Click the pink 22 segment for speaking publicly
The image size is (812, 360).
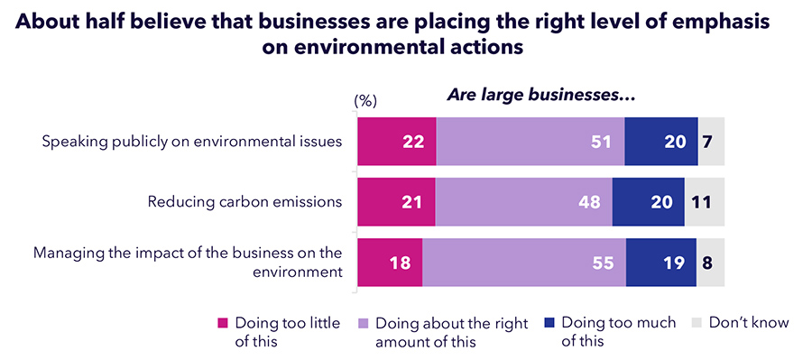click(x=396, y=141)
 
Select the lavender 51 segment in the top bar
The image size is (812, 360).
click(x=530, y=141)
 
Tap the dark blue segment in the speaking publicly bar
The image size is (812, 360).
click(x=660, y=141)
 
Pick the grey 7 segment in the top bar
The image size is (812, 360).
click(x=711, y=141)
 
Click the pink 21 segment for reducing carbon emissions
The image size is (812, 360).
click(x=395, y=201)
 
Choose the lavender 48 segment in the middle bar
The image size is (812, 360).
click(x=523, y=201)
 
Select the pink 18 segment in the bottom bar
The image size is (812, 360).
click(x=389, y=263)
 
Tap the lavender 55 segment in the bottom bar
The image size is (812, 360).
click(x=523, y=263)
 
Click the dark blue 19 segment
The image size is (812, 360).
click(x=660, y=263)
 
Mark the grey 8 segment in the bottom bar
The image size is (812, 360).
click(x=710, y=263)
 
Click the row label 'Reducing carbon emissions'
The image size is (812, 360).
click(x=245, y=201)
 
